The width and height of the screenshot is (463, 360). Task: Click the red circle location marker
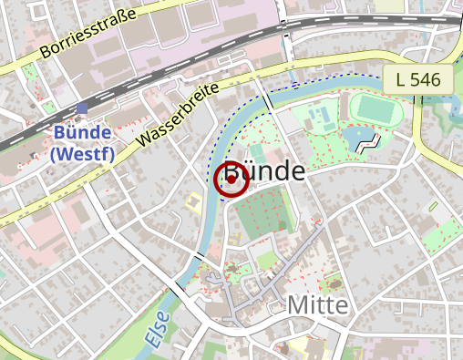(231, 180)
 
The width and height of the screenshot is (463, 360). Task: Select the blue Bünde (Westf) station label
(82, 143)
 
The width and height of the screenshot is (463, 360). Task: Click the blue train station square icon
(82, 109)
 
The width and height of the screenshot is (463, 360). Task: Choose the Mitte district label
(317, 304)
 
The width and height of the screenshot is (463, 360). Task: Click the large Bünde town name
(264, 172)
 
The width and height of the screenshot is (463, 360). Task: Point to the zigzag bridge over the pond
(368, 141)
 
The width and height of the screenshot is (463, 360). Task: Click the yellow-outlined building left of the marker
(193, 202)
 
